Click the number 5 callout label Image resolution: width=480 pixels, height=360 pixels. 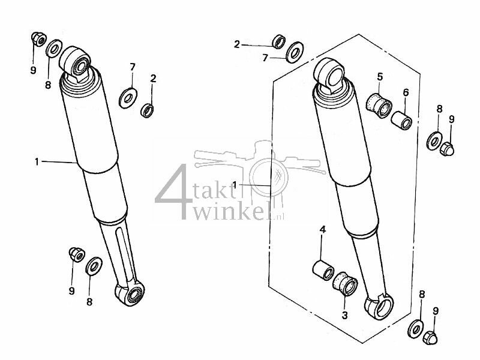point(379,76)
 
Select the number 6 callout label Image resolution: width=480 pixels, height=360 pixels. point(406,92)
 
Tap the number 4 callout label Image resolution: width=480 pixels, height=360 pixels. point(322,230)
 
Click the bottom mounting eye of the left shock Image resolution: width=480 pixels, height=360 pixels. point(130,293)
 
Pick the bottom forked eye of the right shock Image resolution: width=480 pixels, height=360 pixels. point(378,307)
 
